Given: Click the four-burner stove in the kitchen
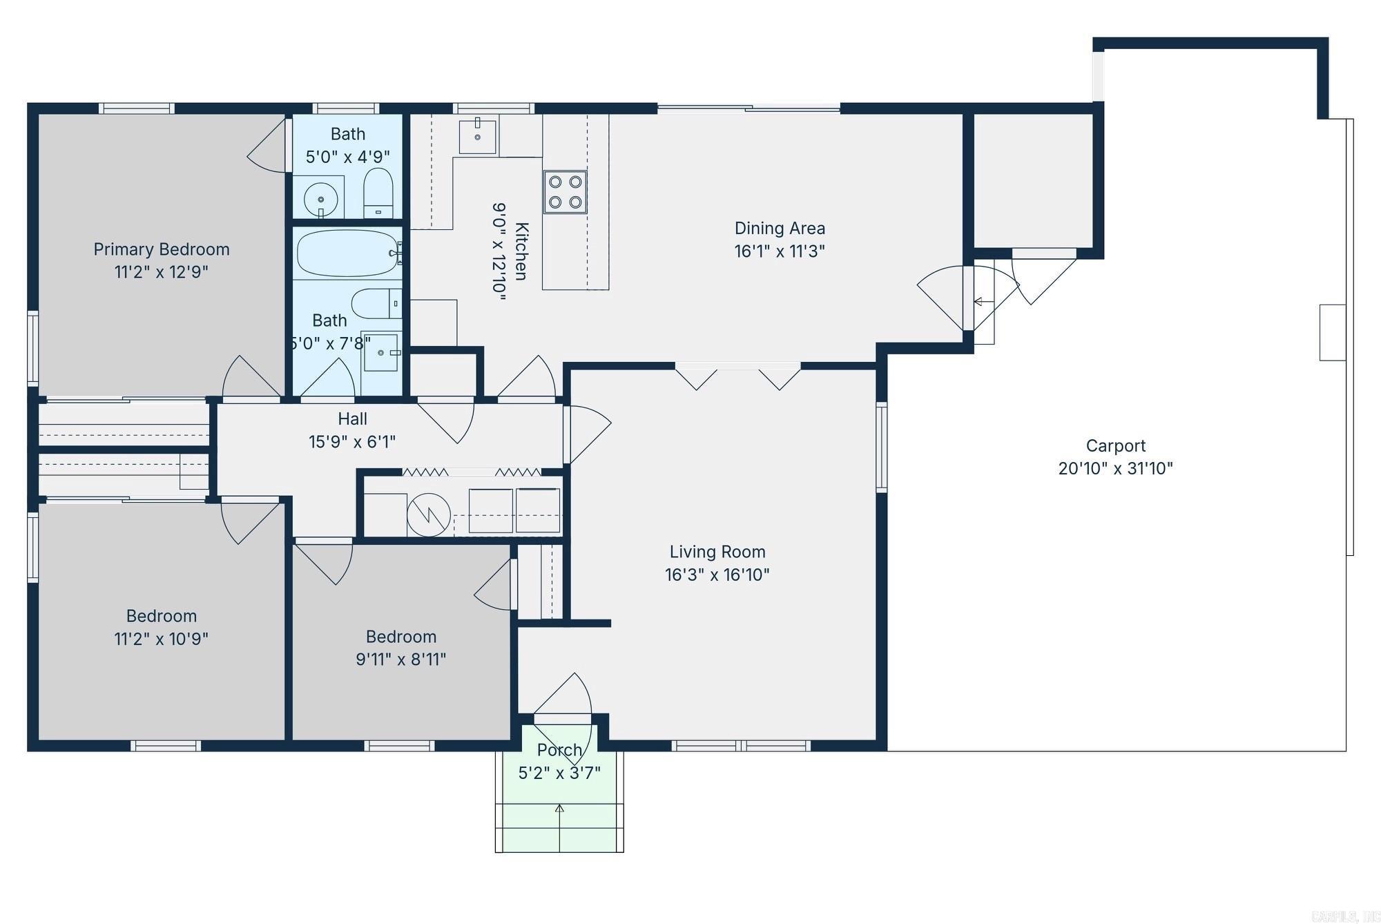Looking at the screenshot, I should tap(565, 192).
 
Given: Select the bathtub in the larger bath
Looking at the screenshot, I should tap(347, 253).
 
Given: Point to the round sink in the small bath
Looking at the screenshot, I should tap(321, 198).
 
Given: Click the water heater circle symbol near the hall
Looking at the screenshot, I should tap(428, 514).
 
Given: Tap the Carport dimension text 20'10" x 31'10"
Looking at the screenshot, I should tap(1115, 468).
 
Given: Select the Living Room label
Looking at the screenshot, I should tap(717, 552).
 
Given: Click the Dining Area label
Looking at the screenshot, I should tap(780, 228).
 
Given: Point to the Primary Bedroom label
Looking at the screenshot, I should tap(162, 249).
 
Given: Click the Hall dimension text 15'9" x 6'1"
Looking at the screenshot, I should tap(352, 441).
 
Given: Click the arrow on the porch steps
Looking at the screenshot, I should tap(559, 808).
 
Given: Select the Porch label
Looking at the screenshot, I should tap(559, 749).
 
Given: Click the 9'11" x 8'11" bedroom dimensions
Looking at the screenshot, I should tap(400, 659).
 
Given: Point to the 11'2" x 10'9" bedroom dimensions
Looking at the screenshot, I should tap(162, 638).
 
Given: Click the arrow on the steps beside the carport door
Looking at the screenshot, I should tap(979, 302).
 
